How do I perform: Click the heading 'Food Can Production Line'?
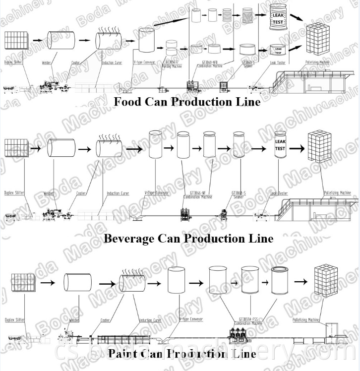187,102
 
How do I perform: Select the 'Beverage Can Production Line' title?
188,238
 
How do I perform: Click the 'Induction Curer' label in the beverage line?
118,193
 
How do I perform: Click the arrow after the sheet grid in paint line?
48,283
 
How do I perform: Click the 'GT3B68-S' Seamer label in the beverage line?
237,194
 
